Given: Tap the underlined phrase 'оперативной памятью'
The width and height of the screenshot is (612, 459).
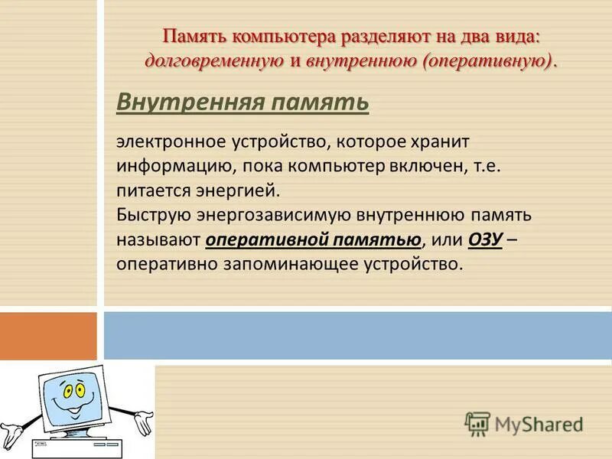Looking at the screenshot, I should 314,239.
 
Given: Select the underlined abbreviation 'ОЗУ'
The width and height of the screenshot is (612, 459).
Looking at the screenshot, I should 484,239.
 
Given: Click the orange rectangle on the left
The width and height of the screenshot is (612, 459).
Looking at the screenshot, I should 48,335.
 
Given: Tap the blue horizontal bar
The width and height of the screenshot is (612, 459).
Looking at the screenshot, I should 357,335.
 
